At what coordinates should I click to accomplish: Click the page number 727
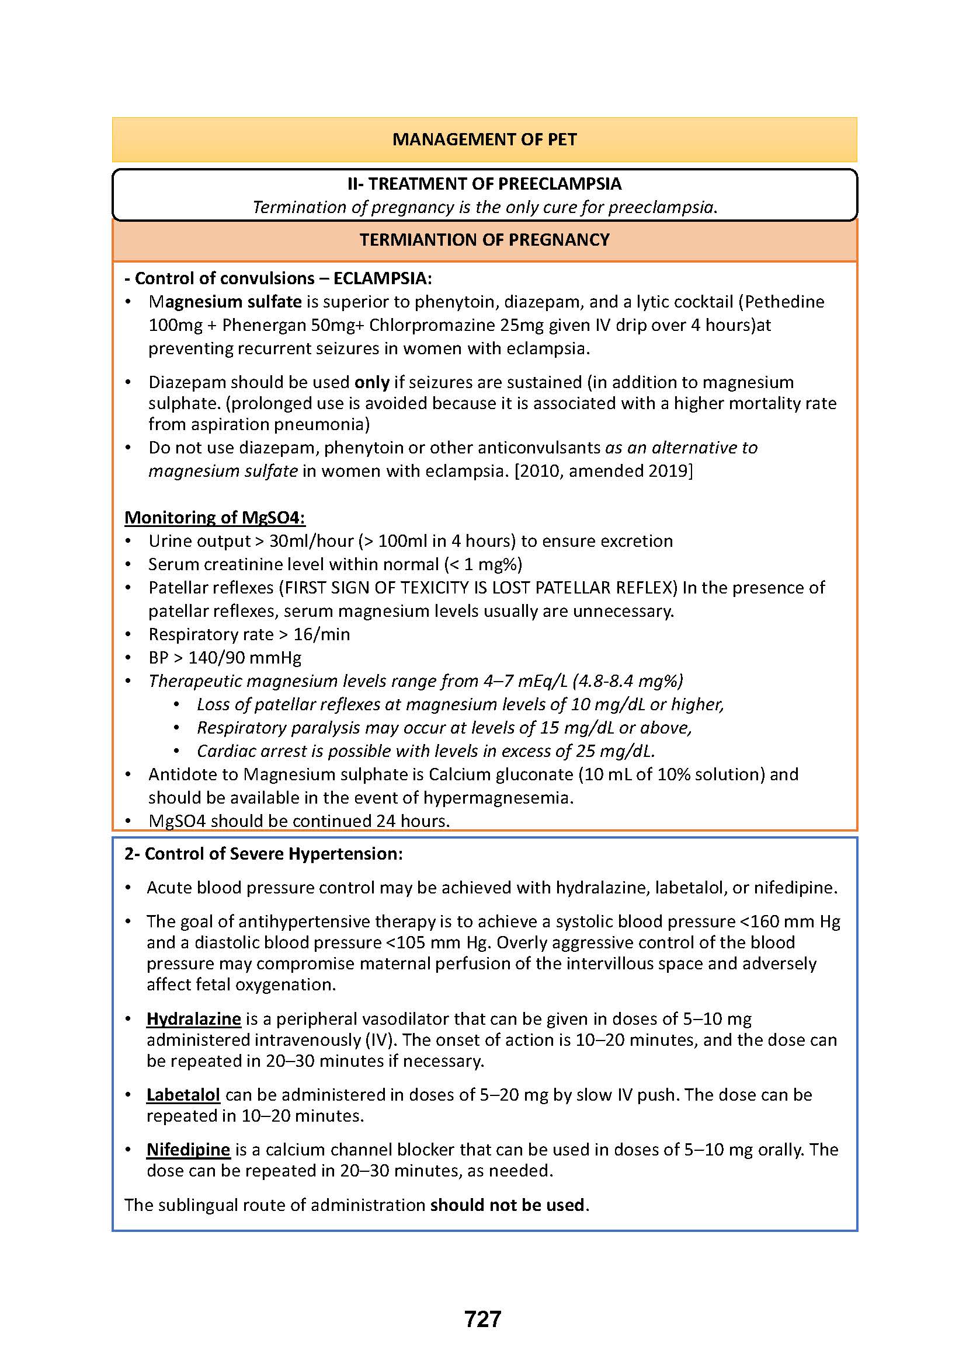pos(482,1319)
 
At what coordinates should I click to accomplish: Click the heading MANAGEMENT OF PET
pos(484,139)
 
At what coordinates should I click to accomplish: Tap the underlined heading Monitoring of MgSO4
pos(214,517)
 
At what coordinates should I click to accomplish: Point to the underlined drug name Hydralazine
pos(193,1018)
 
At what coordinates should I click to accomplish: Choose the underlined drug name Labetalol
pos(183,1094)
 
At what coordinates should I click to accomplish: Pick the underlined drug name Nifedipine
pos(188,1149)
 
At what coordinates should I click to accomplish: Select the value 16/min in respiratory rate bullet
pos(321,634)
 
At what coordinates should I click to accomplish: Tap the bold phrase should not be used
pos(508,1205)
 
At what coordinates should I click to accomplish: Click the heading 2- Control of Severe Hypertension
pos(263,854)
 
